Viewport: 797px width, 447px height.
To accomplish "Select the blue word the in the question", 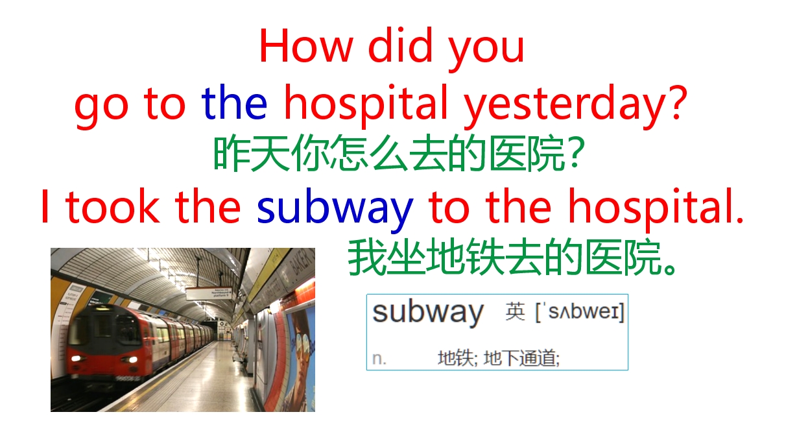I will pos(234,104).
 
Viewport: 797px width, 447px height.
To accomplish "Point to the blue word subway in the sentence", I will pos(335,208).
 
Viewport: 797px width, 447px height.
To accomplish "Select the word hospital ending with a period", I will pos(655,208).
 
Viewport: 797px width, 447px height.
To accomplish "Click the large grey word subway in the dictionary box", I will pos(428,313).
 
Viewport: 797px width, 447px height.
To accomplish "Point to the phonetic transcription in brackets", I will pos(579,313).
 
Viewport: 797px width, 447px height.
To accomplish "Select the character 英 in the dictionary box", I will pos(515,313).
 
